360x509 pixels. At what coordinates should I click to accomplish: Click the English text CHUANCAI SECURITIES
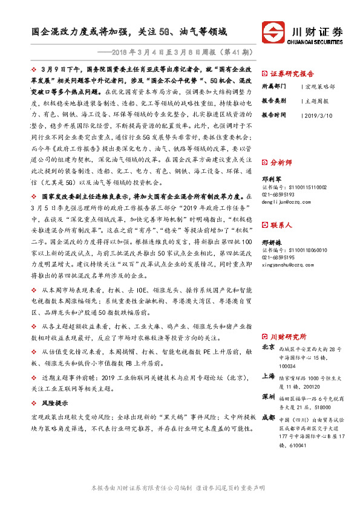point(316,42)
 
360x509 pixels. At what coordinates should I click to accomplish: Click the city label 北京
point(268,348)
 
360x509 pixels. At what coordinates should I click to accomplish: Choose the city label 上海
point(268,376)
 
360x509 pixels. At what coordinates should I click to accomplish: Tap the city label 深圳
point(268,397)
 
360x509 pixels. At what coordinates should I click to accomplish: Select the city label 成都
point(268,418)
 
